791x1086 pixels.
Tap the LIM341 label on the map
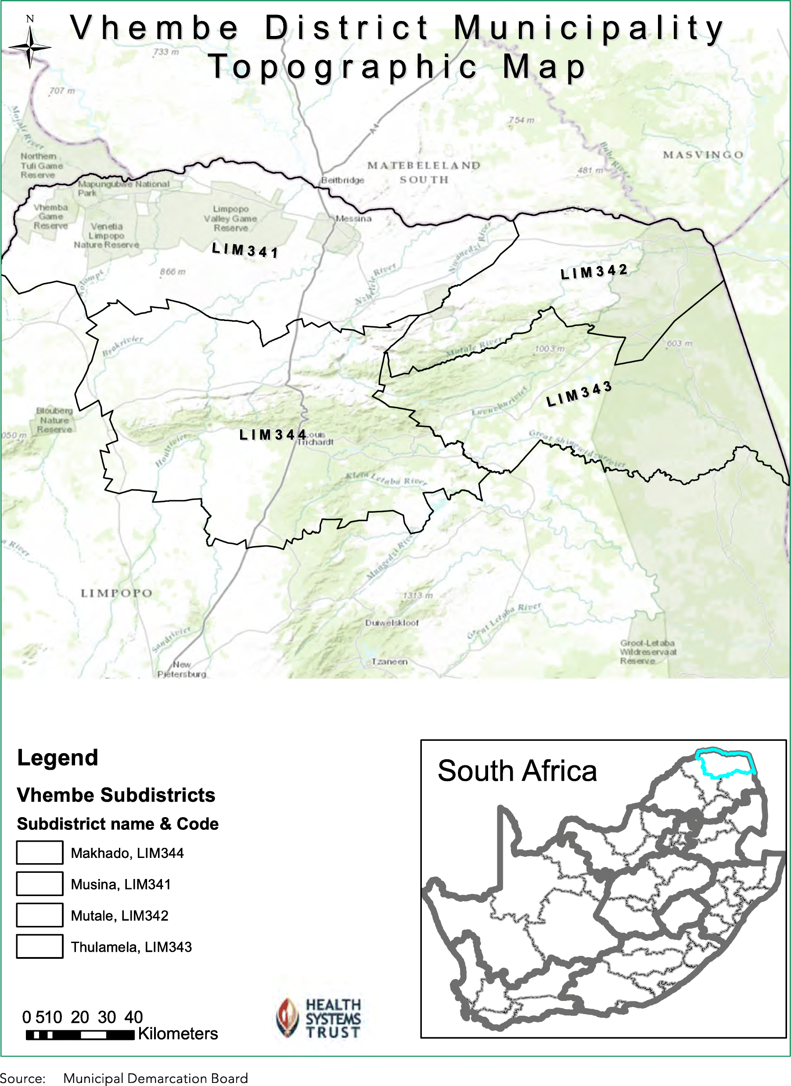[245, 250]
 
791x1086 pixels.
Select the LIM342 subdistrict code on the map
[593, 271]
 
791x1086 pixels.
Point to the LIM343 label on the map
[579, 393]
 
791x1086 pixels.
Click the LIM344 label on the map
[273, 434]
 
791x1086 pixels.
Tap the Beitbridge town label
[342, 180]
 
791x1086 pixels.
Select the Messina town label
[353, 218]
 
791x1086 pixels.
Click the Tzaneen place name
[389, 661]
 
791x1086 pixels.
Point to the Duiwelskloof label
[392, 622]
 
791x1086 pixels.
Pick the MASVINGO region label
[703, 155]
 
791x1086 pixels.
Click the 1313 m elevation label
[417, 595]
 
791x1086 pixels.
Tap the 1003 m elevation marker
[550, 349]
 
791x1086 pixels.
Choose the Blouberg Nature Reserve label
[54, 420]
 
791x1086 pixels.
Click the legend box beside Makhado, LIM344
[40, 852]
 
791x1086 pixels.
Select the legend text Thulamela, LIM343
[131, 947]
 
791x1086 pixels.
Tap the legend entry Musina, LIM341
[120, 884]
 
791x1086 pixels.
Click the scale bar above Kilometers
[80, 1035]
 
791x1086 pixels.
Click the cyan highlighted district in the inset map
[724, 762]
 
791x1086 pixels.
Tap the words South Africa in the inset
[517, 771]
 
